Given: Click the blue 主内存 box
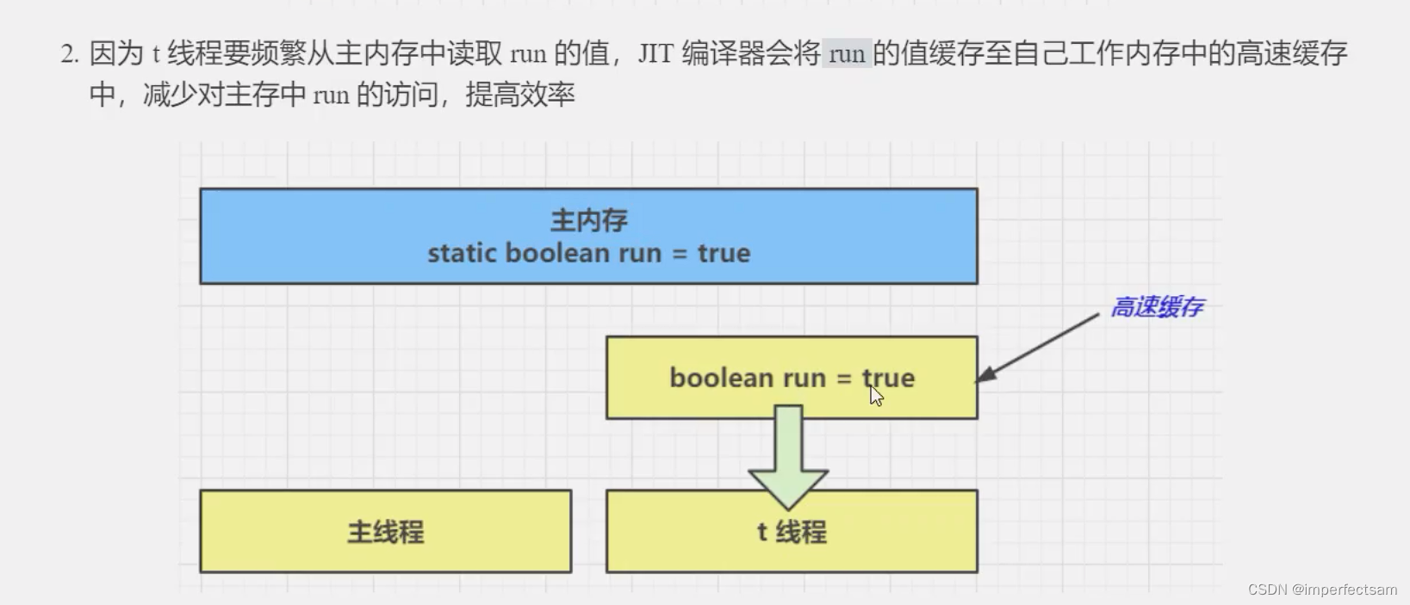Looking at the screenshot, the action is coord(588,236).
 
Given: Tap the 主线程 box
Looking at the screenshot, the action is coord(385,531).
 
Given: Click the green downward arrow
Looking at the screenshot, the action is coord(788,456).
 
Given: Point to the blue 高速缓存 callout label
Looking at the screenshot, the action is coord(1156,307).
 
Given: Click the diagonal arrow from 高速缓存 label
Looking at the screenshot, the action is coord(1038,347).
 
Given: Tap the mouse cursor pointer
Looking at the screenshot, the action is coord(876,396).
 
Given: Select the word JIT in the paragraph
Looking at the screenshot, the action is coord(655,54).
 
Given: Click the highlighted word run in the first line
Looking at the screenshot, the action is coord(847,54).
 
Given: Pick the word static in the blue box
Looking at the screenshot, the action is coord(462,253).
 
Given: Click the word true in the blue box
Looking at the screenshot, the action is coord(724,253).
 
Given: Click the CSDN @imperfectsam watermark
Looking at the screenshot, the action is coord(1322,590).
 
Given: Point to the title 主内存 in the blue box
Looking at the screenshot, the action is coord(588,220).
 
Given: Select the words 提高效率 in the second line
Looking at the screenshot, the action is coord(519,95).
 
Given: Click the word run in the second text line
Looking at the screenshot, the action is coord(331,95).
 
